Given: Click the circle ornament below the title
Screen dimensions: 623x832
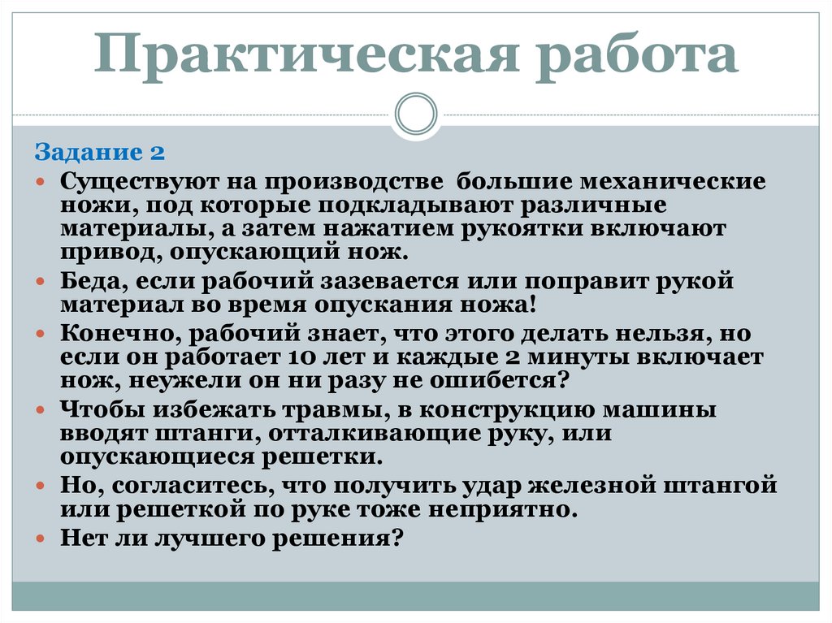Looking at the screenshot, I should tap(417, 113).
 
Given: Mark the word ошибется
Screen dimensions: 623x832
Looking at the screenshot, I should tap(503, 381).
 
